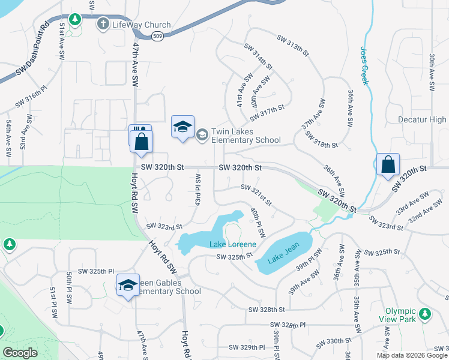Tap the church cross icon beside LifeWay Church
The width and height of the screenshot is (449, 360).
[103, 24]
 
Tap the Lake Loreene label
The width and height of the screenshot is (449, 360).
[233, 244]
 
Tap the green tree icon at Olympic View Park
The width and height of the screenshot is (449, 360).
[426, 314]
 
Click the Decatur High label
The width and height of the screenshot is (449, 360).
[423, 120]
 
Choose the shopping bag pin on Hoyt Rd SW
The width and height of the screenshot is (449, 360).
[142, 142]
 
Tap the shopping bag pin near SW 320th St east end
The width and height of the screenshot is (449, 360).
[388, 164]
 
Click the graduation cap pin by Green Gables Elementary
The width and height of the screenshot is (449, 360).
[128, 286]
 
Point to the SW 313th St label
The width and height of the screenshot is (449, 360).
[292, 46]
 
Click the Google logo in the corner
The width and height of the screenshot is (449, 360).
[20, 353]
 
